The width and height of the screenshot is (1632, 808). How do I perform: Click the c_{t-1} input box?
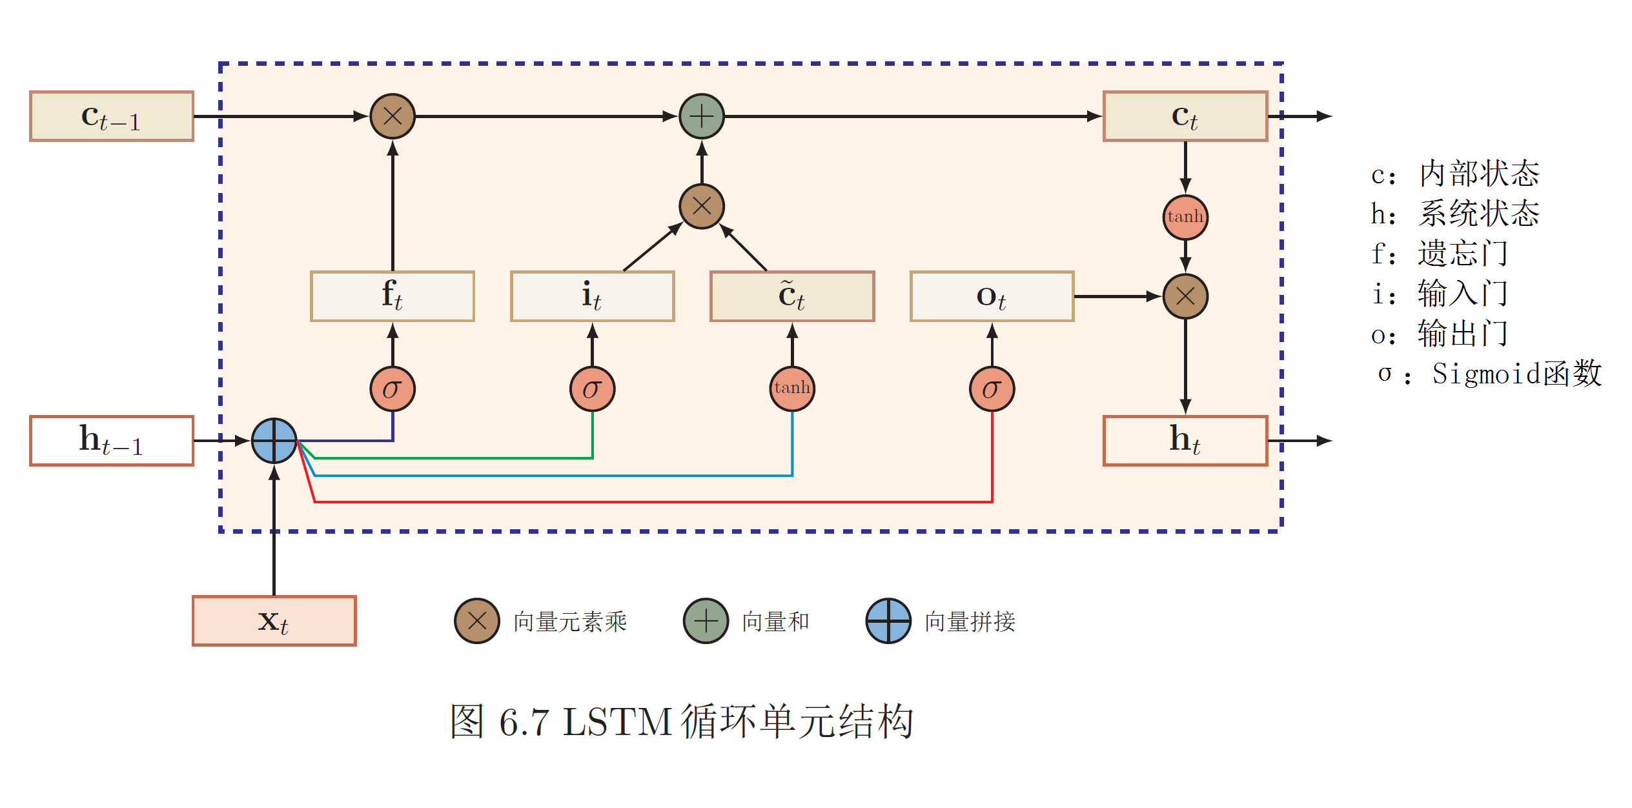click(112, 116)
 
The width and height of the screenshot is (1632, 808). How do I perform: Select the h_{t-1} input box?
click(112, 441)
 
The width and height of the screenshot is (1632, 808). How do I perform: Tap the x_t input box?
click(274, 621)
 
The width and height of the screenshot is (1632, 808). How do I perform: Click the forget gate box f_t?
click(393, 296)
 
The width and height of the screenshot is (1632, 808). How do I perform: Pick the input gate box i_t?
click(592, 296)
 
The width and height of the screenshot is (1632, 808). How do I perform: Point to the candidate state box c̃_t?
click(792, 296)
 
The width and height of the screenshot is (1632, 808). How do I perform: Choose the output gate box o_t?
click(992, 296)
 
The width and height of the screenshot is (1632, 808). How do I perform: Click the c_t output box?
click(1185, 116)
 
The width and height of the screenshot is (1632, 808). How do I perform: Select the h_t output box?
click(1185, 441)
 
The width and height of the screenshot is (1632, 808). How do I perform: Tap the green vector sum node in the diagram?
click(702, 116)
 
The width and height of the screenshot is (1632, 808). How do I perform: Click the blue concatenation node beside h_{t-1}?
click(274, 441)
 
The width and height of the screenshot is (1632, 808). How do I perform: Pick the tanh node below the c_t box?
click(1185, 217)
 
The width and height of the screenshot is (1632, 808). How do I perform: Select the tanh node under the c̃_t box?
click(792, 389)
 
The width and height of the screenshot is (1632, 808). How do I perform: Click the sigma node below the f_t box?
click(393, 389)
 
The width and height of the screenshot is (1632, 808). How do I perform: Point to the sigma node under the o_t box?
click(992, 389)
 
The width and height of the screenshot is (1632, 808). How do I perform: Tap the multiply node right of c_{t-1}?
click(393, 116)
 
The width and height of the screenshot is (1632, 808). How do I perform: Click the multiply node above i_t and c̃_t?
click(702, 207)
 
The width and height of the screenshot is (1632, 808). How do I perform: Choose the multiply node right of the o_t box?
click(1185, 296)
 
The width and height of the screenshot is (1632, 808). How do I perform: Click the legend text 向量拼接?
click(970, 621)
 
